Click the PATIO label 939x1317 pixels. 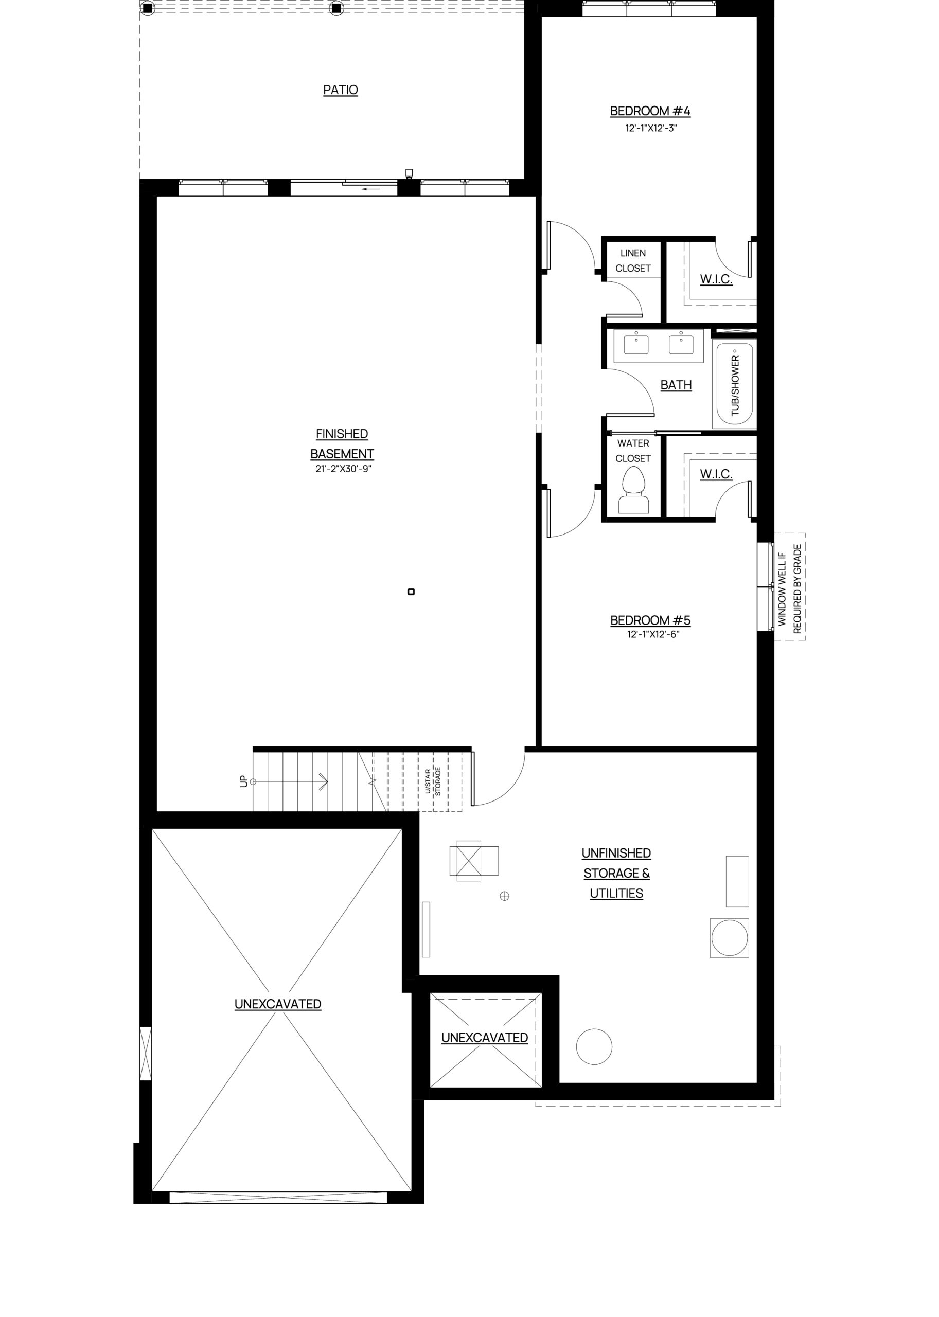[x=341, y=90]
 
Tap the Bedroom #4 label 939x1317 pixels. [x=650, y=111]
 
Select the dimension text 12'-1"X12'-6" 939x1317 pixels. [x=653, y=634]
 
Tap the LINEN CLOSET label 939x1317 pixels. [x=633, y=261]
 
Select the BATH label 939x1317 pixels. [x=676, y=385]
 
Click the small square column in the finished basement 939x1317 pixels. [x=411, y=592]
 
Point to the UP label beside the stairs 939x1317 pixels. [x=243, y=781]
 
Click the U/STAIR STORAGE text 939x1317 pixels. [x=433, y=781]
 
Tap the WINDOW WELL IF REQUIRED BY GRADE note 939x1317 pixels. [x=790, y=589]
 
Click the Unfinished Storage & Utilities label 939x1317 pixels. [x=616, y=873]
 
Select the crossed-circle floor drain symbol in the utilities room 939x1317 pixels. [x=504, y=896]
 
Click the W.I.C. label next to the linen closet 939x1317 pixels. [x=716, y=279]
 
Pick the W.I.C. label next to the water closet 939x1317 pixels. [x=716, y=474]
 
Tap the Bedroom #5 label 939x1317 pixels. [x=650, y=620]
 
